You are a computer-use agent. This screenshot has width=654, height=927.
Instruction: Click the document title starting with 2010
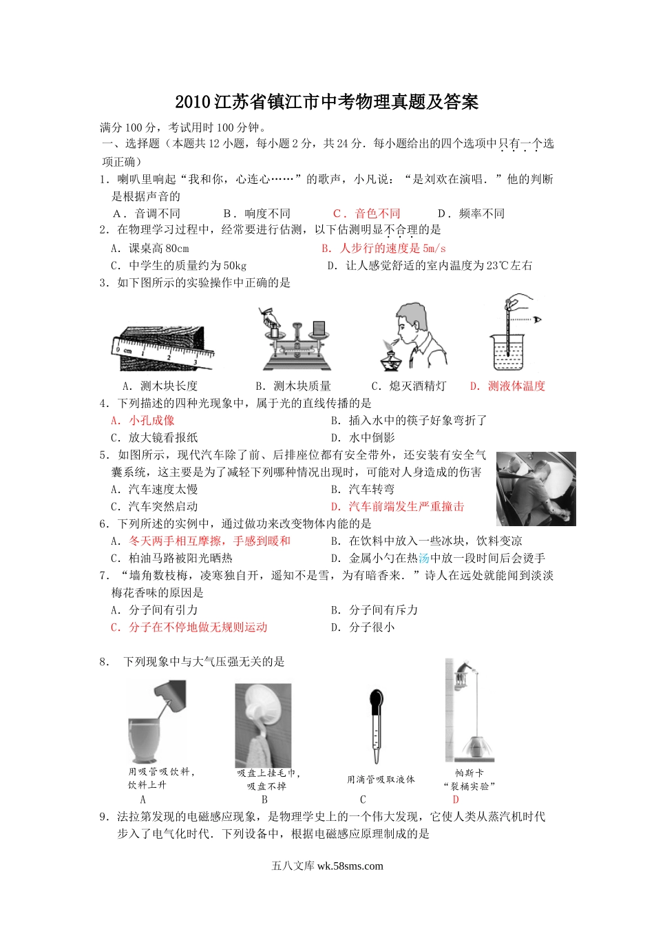[x=327, y=102]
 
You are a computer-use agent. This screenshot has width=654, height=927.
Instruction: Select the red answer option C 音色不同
[x=366, y=213]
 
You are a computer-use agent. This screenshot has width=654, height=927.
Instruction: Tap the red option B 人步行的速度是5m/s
[x=383, y=249]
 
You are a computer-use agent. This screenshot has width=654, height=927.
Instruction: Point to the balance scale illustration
[x=297, y=340]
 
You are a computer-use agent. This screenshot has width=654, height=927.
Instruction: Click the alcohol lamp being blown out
[x=391, y=357]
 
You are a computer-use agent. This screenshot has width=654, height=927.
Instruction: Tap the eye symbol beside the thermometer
[x=538, y=320]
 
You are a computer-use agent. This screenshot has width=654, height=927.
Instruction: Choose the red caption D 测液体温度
[x=507, y=386]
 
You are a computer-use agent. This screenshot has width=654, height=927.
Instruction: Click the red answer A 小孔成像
[x=143, y=421]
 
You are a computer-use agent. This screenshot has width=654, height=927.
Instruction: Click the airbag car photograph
[x=536, y=489]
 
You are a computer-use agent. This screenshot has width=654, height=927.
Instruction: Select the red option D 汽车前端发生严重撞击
[x=397, y=506]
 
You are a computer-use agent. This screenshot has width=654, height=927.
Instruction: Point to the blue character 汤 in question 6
[x=424, y=559]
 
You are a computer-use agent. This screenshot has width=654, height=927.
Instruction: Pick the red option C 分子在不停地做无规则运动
[x=189, y=627]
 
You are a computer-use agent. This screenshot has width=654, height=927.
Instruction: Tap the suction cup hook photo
[x=263, y=725]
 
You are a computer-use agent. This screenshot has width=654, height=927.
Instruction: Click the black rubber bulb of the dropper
[x=376, y=700]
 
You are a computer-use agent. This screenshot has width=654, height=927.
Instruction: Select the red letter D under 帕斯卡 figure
[x=456, y=800]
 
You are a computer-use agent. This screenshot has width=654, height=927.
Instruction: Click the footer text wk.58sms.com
[x=350, y=866]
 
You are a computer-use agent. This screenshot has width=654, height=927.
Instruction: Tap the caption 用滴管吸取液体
[x=381, y=780]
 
